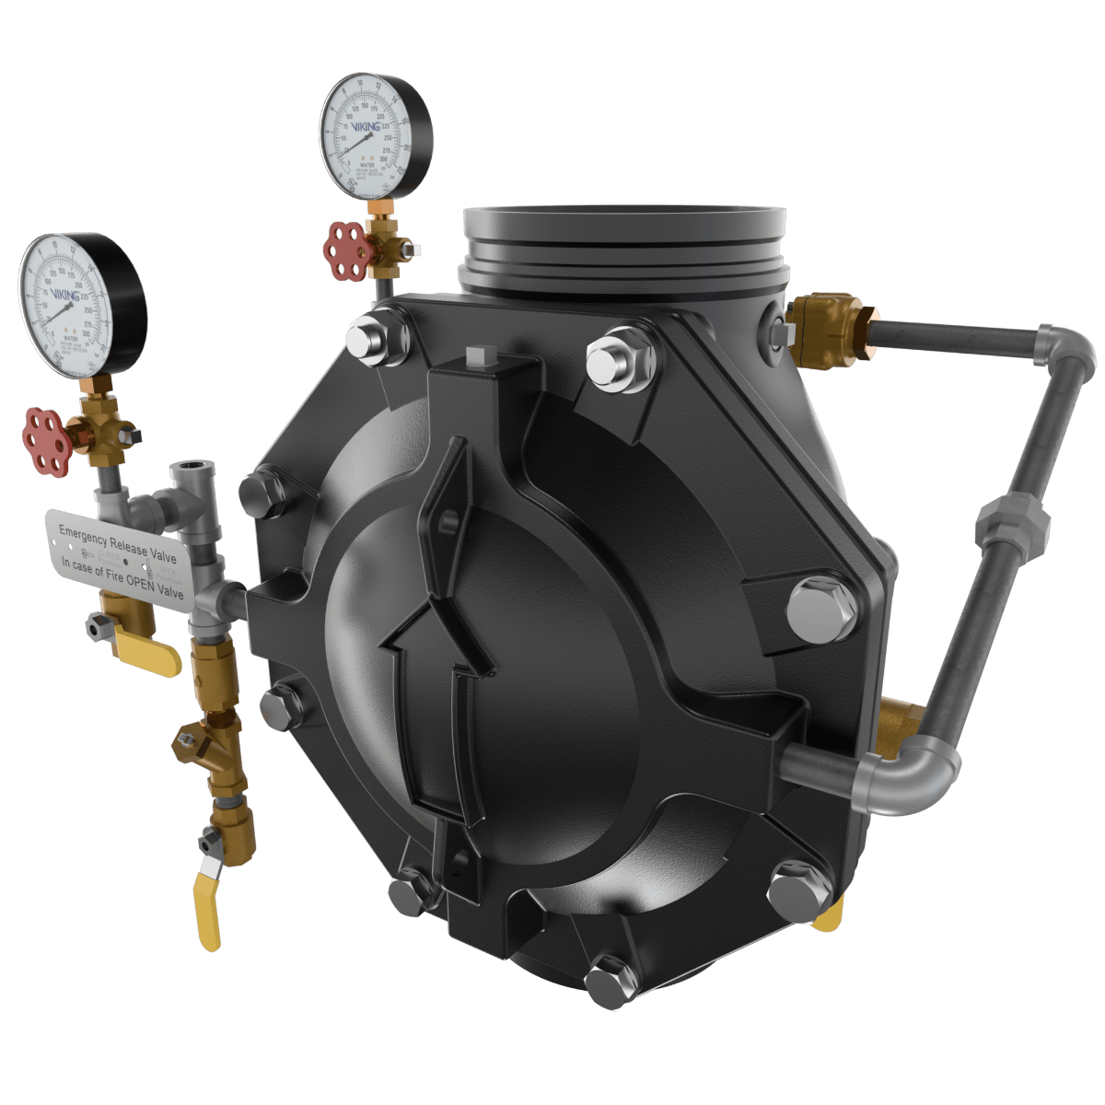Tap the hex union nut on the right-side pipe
[1012, 523]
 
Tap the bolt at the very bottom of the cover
[608, 980]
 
